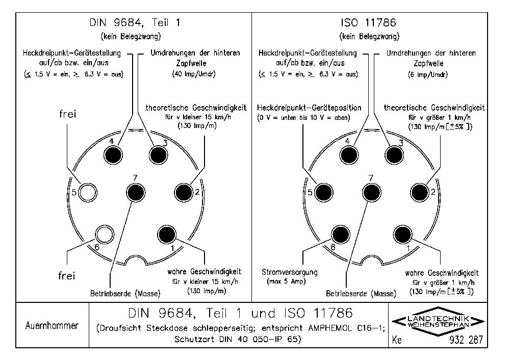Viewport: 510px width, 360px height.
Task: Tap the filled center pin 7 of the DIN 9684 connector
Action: [135, 192]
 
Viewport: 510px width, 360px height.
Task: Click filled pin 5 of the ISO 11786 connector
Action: [323, 192]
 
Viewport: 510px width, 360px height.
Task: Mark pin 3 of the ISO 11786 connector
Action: [394, 152]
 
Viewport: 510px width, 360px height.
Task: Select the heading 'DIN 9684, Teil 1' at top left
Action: [134, 22]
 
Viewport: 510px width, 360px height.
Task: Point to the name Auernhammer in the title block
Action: [52, 326]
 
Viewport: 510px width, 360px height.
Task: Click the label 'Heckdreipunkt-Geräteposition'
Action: [309, 108]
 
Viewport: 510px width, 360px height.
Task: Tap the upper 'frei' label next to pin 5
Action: [67, 114]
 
